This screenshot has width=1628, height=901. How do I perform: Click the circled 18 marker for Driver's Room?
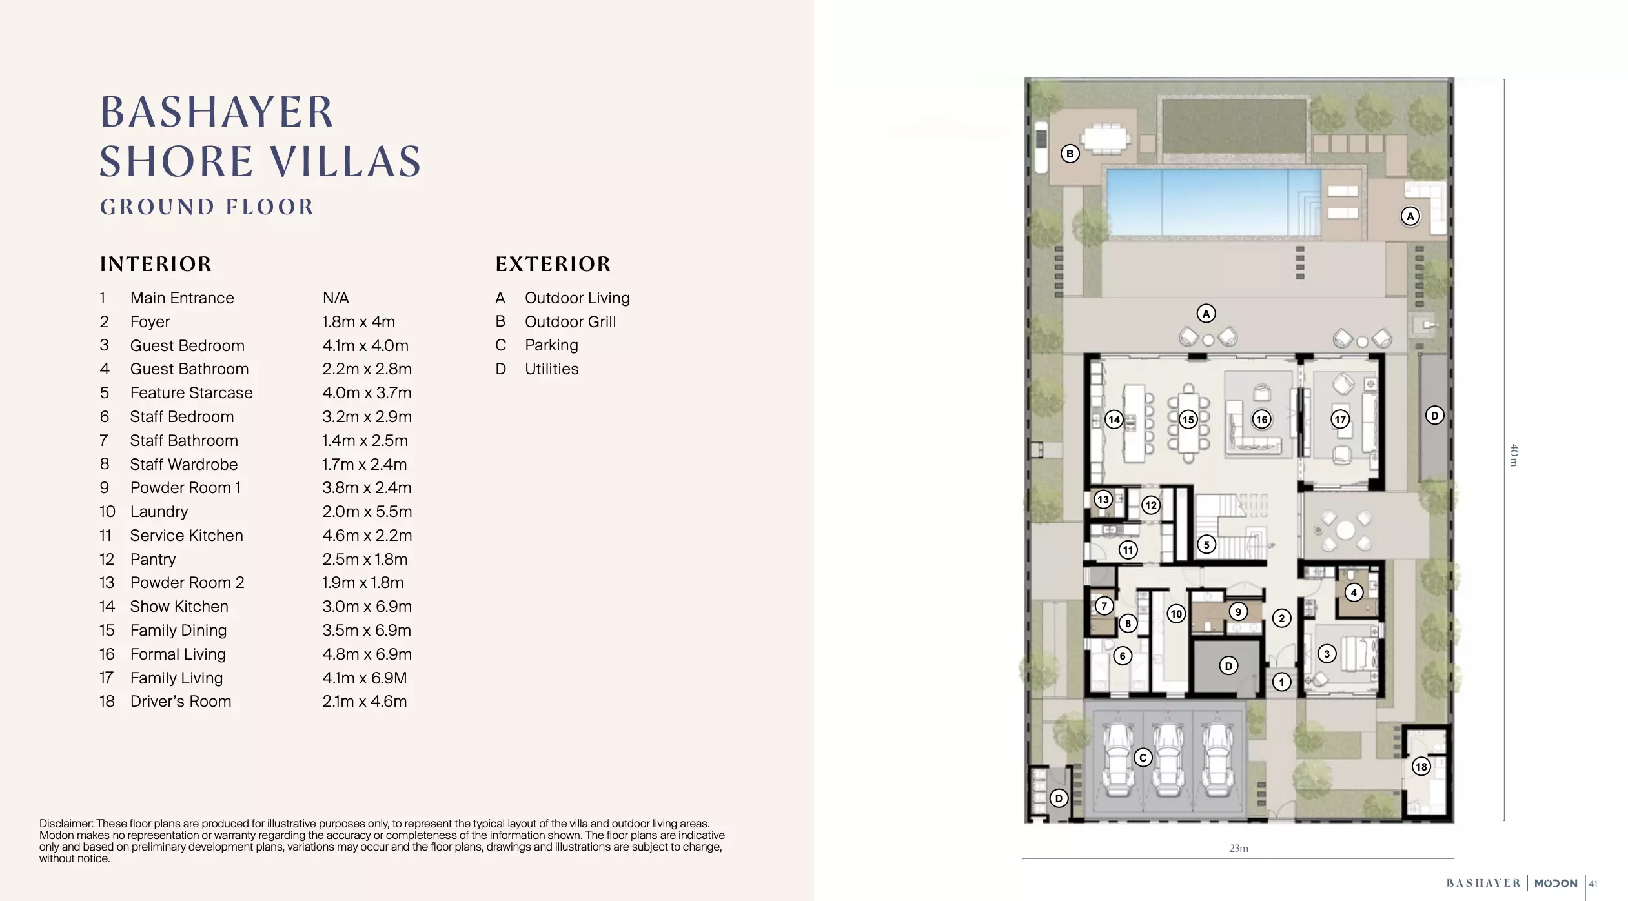[x=1421, y=766]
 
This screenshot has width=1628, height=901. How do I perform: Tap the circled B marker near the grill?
[x=1070, y=154]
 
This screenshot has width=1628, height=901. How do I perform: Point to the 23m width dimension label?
[x=1238, y=848]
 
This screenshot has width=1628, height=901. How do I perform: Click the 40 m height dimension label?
[x=1513, y=455]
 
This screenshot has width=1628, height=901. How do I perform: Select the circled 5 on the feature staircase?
[x=1206, y=544]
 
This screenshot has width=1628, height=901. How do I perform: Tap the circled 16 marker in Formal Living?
[x=1261, y=420]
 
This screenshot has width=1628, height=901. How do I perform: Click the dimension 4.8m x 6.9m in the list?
[x=367, y=654]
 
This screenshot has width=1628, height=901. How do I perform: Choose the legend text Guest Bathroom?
[x=189, y=369]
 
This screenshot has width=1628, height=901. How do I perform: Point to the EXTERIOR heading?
[x=553, y=263]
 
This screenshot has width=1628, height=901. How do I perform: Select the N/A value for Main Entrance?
[x=336, y=298]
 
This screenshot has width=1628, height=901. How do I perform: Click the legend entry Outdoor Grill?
[x=570, y=321]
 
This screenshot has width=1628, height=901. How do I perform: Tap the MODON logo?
[x=1555, y=883]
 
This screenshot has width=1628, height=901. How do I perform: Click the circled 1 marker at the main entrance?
[x=1281, y=682]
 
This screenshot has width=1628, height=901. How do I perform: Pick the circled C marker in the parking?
[x=1143, y=757]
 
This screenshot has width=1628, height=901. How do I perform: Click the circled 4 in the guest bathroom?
[x=1354, y=592]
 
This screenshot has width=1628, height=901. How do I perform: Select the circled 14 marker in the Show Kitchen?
[x=1114, y=420]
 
